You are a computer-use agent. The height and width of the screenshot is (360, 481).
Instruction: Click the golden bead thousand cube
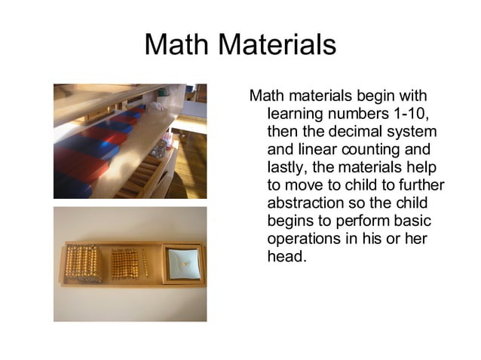[x=83, y=264]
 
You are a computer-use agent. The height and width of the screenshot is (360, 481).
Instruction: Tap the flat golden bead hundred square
[x=124, y=264]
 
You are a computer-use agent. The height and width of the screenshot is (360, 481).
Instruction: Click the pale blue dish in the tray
[x=182, y=263]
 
